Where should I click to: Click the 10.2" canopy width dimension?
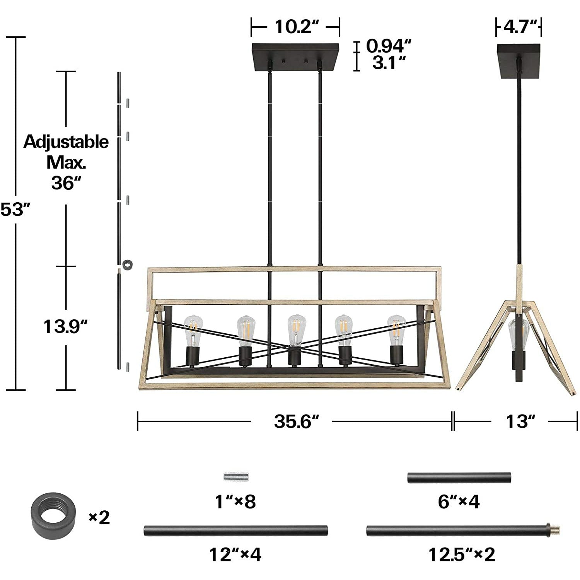pyautogui.click(x=296, y=27)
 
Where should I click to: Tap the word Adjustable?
pyautogui.click(x=66, y=142)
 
